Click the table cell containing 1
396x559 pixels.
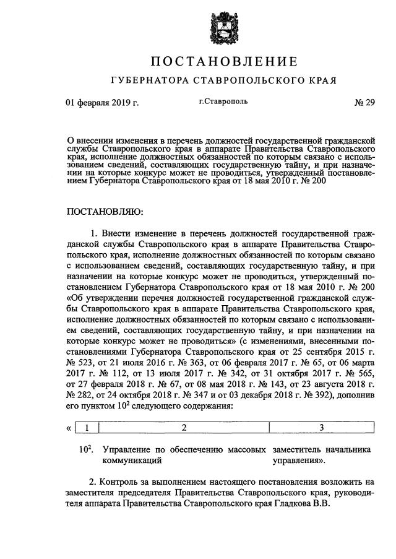click(87, 427)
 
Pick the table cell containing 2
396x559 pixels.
click(184, 427)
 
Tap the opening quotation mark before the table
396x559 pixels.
click(69, 428)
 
